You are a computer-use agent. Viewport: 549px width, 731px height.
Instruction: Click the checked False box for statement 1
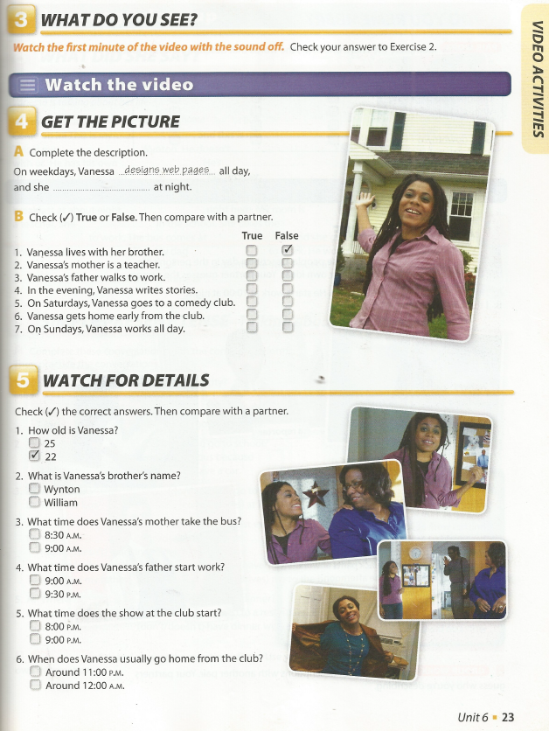point(287,252)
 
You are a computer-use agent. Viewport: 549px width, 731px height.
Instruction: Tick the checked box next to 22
point(34,456)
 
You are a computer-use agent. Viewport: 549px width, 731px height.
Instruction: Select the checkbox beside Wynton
point(34,490)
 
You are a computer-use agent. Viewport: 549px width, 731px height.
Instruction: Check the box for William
point(34,503)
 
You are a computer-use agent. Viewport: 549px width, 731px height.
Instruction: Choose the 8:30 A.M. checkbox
point(34,534)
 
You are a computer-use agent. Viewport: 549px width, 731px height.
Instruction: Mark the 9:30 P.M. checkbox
point(34,593)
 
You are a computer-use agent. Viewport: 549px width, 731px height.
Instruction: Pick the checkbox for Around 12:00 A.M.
point(34,686)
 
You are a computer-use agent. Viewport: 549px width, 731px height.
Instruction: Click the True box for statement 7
point(252,328)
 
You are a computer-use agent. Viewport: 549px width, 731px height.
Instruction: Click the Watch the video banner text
point(119,85)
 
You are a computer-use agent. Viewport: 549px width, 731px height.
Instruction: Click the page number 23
point(508,717)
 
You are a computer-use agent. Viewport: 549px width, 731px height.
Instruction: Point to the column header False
point(287,235)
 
